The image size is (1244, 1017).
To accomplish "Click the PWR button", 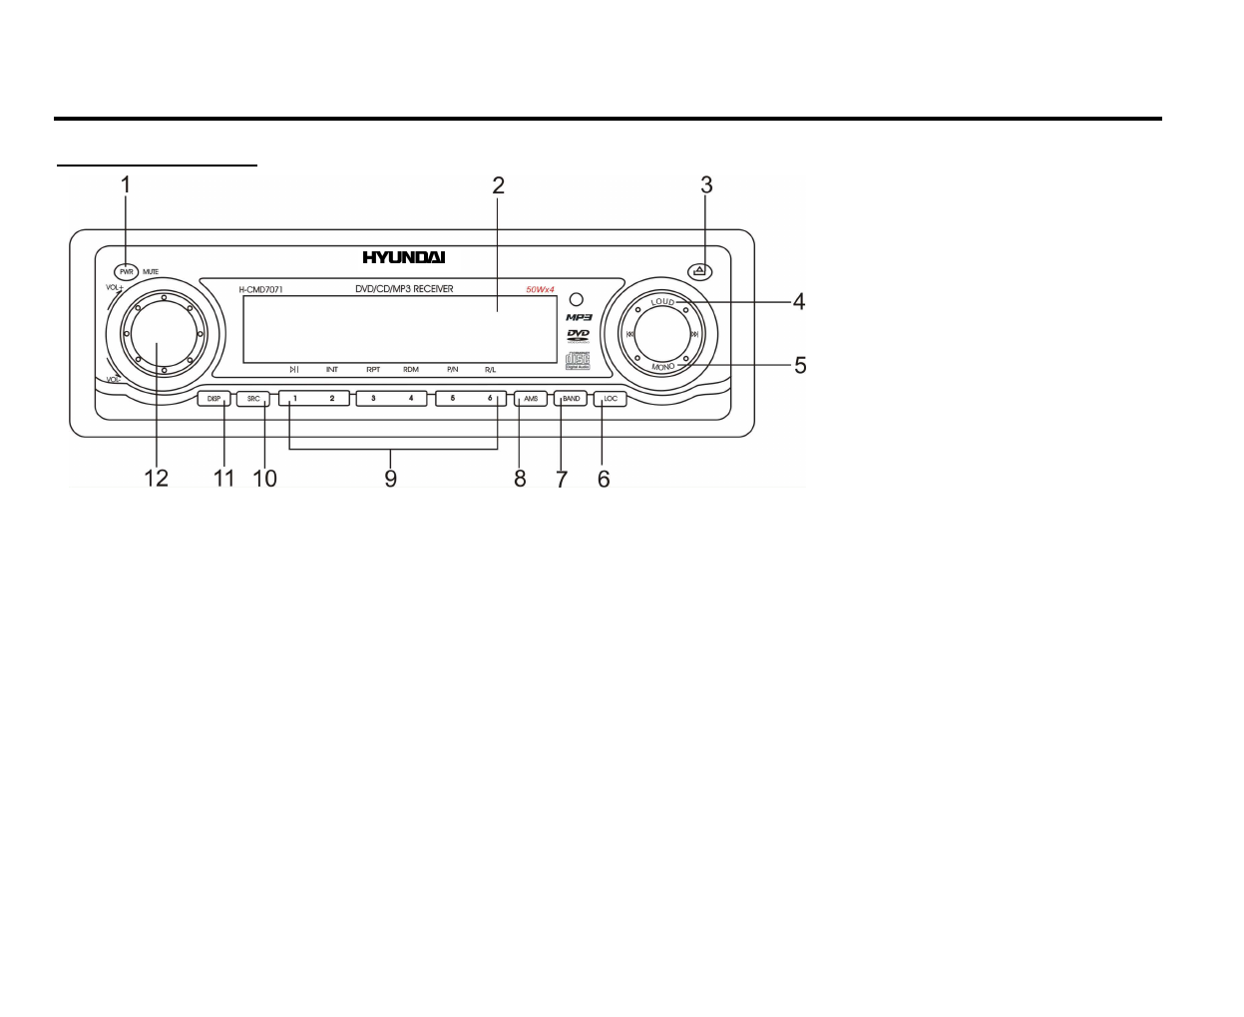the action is tap(126, 271).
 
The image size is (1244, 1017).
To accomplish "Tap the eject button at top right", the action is tap(700, 270).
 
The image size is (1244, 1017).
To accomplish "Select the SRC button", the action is tap(253, 399).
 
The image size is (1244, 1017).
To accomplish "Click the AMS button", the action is tap(531, 399).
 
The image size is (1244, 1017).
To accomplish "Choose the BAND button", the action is tap(571, 399).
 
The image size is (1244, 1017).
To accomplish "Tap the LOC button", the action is tap(611, 399).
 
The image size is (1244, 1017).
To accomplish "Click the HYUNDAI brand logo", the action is tap(404, 257).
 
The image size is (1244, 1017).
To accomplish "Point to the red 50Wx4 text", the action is tap(541, 290).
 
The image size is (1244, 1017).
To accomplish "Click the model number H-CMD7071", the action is tap(261, 290).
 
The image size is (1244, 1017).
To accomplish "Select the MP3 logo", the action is tap(580, 317).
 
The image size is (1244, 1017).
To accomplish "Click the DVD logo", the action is tap(579, 335).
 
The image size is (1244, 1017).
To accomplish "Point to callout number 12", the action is tap(157, 478).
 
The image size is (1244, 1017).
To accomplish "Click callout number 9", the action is tap(391, 478).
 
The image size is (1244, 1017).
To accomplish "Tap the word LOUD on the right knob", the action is tap(663, 301).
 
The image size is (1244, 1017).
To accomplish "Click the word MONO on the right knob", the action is tap(663, 367).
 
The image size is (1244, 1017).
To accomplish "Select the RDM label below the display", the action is tap(411, 370).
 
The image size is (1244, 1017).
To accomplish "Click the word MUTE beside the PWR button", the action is tap(151, 271).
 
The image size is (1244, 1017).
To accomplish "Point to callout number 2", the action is tap(498, 185).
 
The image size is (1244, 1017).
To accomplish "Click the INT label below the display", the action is tap(332, 370).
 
